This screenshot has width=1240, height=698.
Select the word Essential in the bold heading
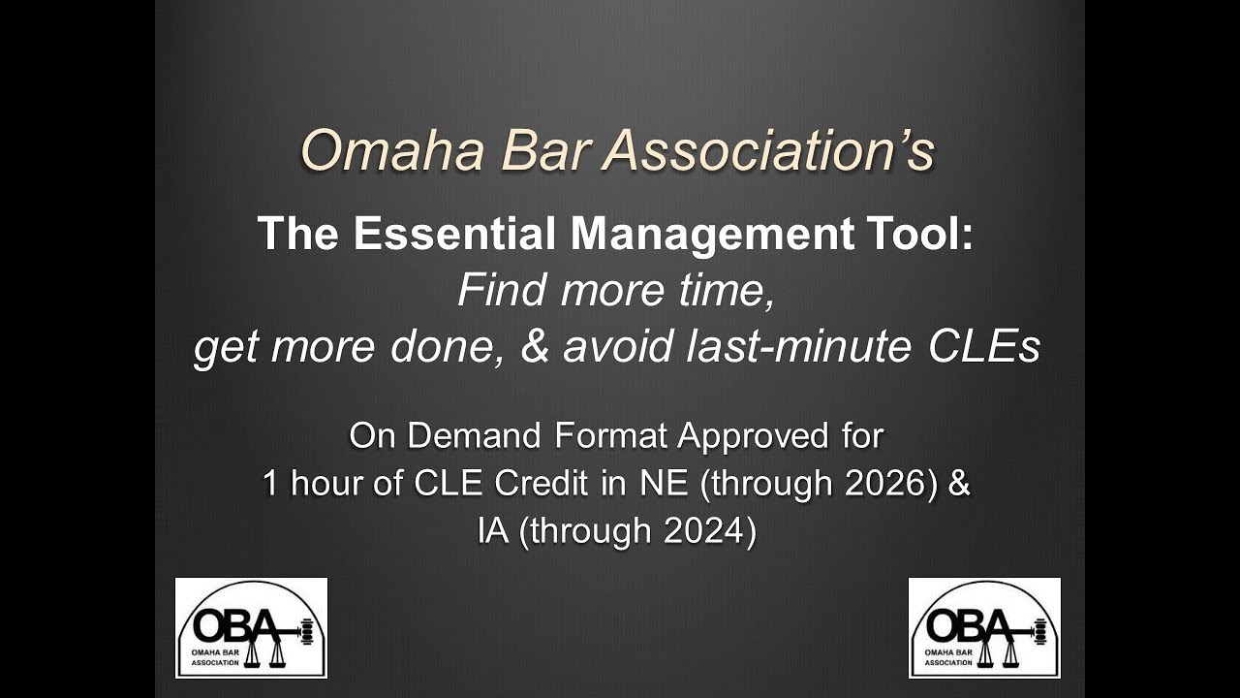click(x=449, y=236)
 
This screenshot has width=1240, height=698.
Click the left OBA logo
click(x=251, y=627)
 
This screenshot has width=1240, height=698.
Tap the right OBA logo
click(x=984, y=627)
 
